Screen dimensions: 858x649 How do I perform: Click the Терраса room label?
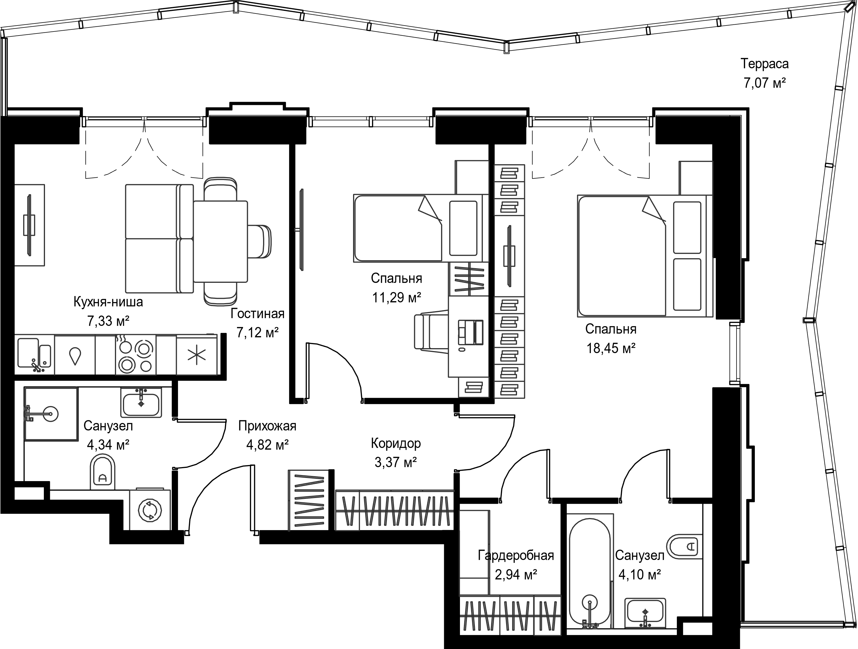coord(765,64)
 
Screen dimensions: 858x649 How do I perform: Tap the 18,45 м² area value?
coord(610,348)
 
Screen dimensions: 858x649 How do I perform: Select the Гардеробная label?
coord(516,556)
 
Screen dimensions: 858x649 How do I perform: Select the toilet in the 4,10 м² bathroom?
coord(685,547)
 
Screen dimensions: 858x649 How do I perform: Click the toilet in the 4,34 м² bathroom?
coord(103,471)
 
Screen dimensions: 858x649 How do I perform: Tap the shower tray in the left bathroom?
coord(51,413)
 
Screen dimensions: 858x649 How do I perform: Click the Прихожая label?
coord(267,426)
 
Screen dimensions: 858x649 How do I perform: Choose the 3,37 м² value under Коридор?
coord(396,462)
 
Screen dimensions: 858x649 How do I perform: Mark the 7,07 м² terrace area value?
coord(765,83)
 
